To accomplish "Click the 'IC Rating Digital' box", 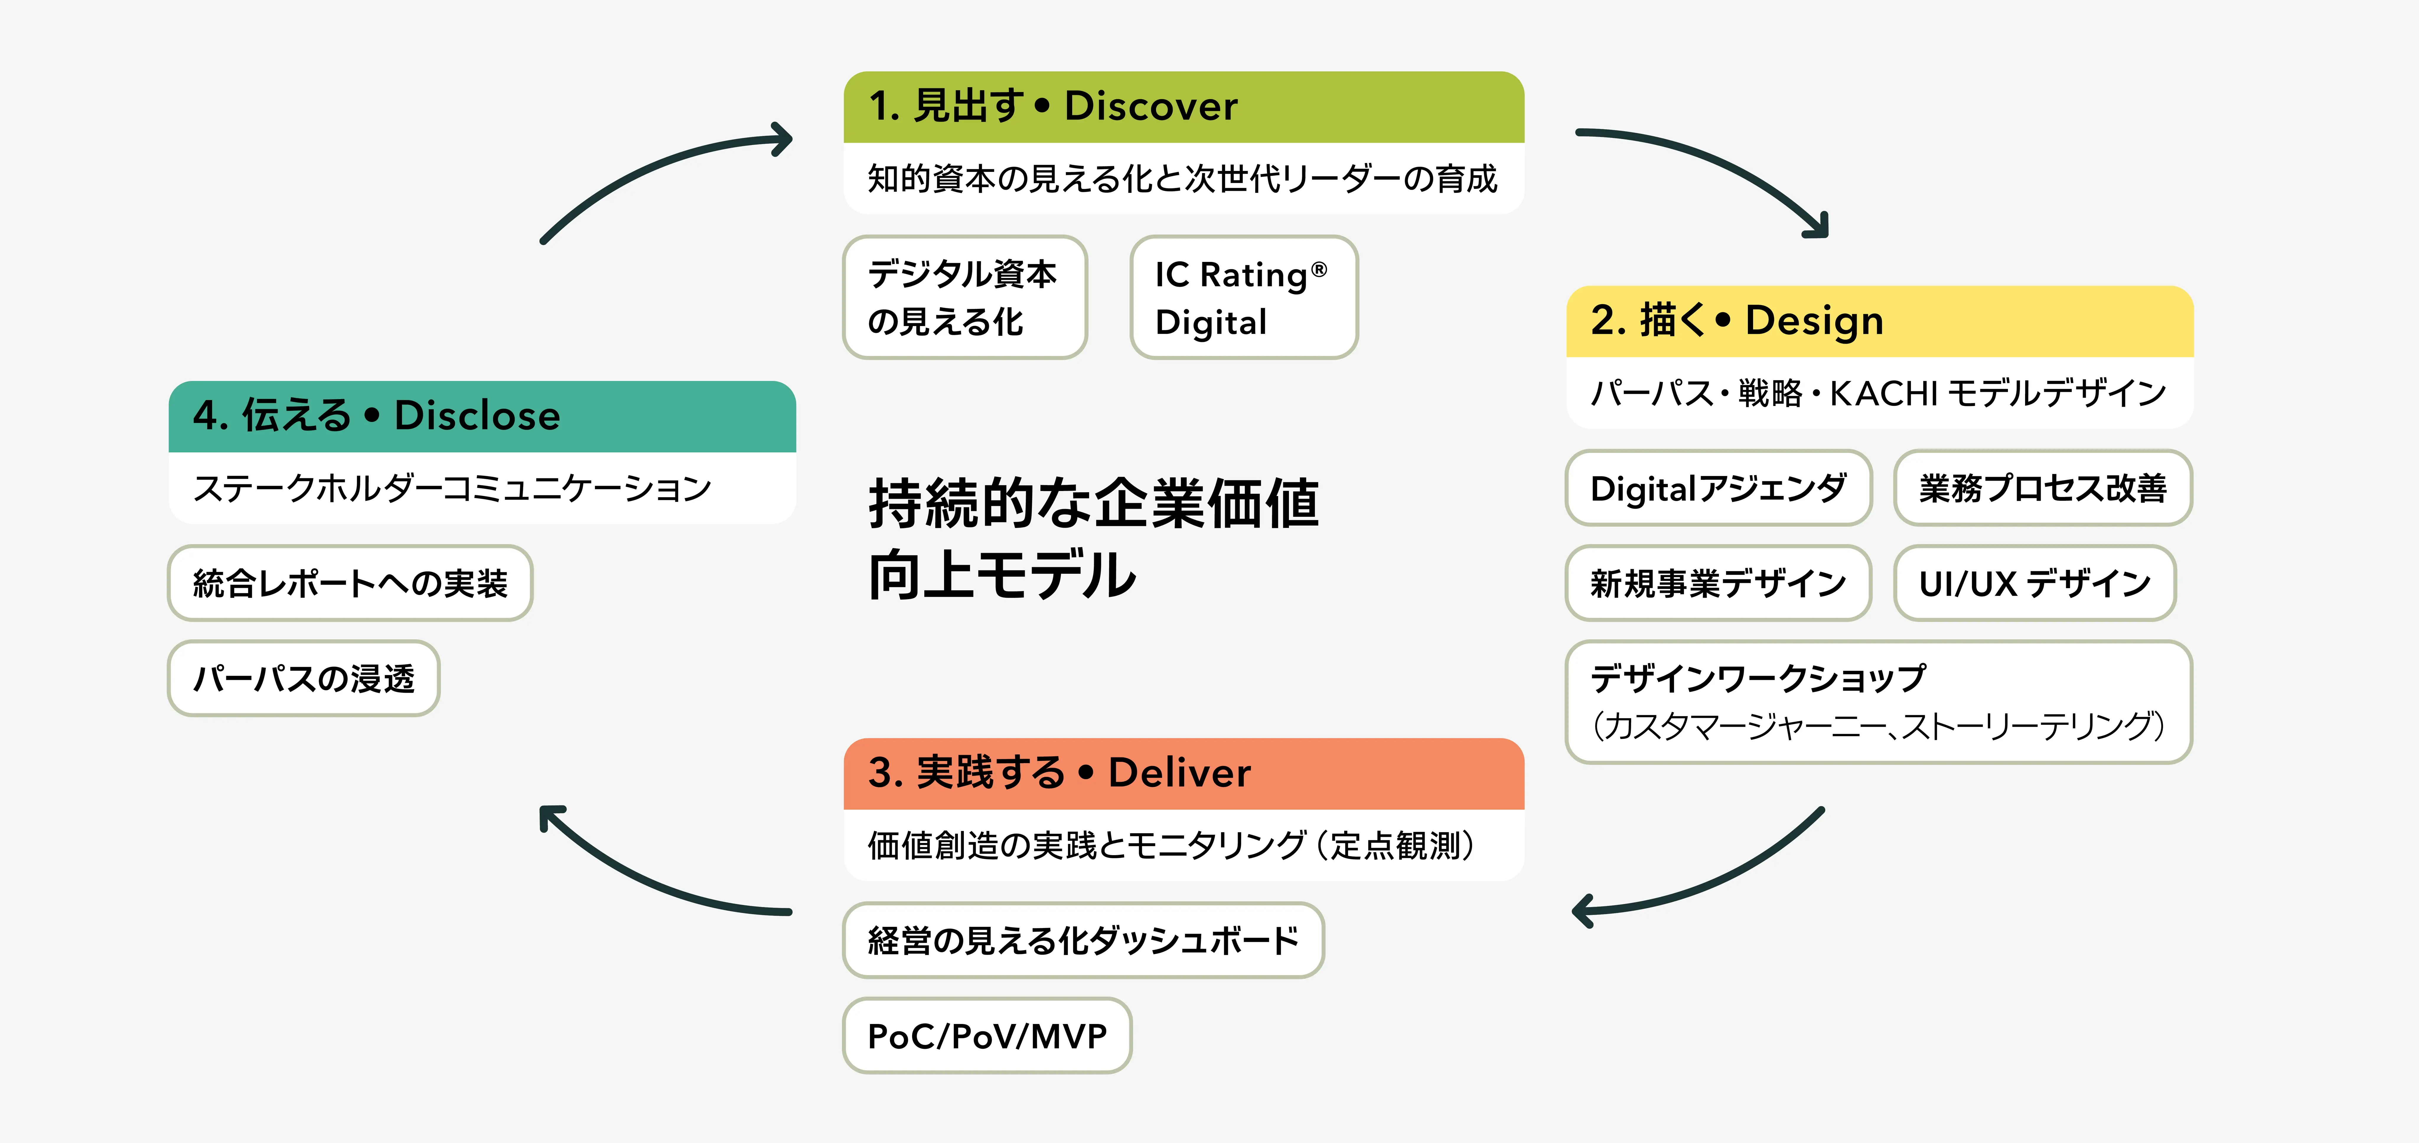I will [x=1243, y=298].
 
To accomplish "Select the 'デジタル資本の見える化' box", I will [x=964, y=298].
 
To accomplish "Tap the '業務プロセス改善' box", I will [x=2043, y=488].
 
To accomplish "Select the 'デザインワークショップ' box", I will [x=1878, y=702].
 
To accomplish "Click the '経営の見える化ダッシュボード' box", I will [x=1083, y=940].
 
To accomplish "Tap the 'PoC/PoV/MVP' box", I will [x=987, y=1036].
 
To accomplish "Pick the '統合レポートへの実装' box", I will [x=350, y=583].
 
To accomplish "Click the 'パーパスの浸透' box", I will [x=303, y=678].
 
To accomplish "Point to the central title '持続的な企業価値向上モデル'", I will [x=1094, y=538].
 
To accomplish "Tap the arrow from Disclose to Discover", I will [x=657, y=169].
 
